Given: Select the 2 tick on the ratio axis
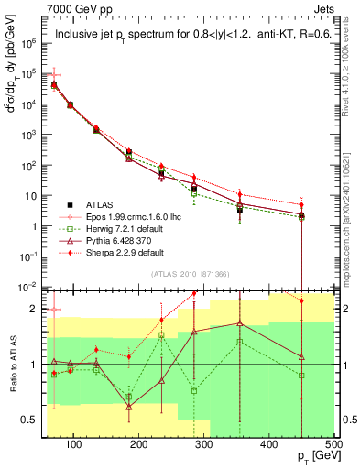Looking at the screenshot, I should pos(37,309).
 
